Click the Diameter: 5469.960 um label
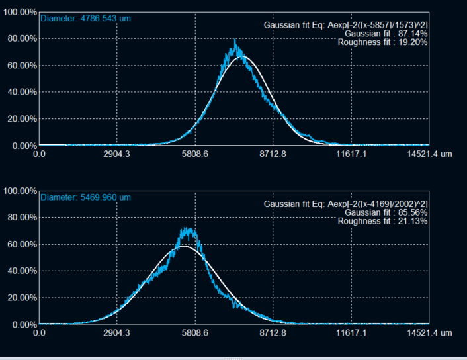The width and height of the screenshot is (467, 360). click(x=85, y=197)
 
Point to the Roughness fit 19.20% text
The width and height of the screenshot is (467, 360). click(x=382, y=42)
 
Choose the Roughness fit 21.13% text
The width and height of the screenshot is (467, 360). click(x=382, y=221)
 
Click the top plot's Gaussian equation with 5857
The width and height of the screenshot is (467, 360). click(x=345, y=24)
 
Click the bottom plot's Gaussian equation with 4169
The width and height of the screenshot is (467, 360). click(x=345, y=203)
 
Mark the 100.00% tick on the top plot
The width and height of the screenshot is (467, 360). click(x=20, y=12)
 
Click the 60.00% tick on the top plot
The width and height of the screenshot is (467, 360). click(x=20, y=66)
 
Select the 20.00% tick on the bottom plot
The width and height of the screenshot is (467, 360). click(x=20, y=298)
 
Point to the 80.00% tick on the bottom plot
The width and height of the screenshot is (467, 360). click(x=20, y=218)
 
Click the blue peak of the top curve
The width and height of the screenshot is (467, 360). click(x=235, y=42)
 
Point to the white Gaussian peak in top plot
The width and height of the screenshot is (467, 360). click(x=244, y=56)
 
